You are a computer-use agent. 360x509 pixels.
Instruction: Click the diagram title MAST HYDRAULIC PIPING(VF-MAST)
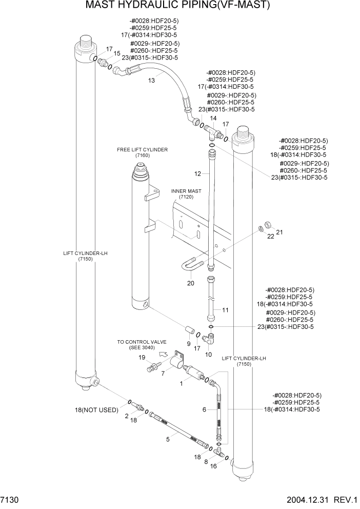tap(177, 6)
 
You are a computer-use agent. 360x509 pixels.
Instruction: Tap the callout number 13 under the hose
tap(151, 81)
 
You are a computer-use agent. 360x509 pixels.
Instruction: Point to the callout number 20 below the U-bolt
tap(190, 283)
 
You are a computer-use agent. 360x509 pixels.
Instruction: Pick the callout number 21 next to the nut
tap(279, 232)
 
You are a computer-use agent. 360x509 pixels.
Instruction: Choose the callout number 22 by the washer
tap(270, 236)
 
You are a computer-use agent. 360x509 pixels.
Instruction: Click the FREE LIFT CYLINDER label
tap(142, 150)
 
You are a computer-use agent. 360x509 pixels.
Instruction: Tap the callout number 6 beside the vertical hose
tap(204, 409)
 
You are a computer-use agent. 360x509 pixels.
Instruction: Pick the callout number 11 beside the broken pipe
tap(225, 310)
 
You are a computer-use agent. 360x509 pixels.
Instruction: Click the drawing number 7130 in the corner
tap(10, 499)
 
